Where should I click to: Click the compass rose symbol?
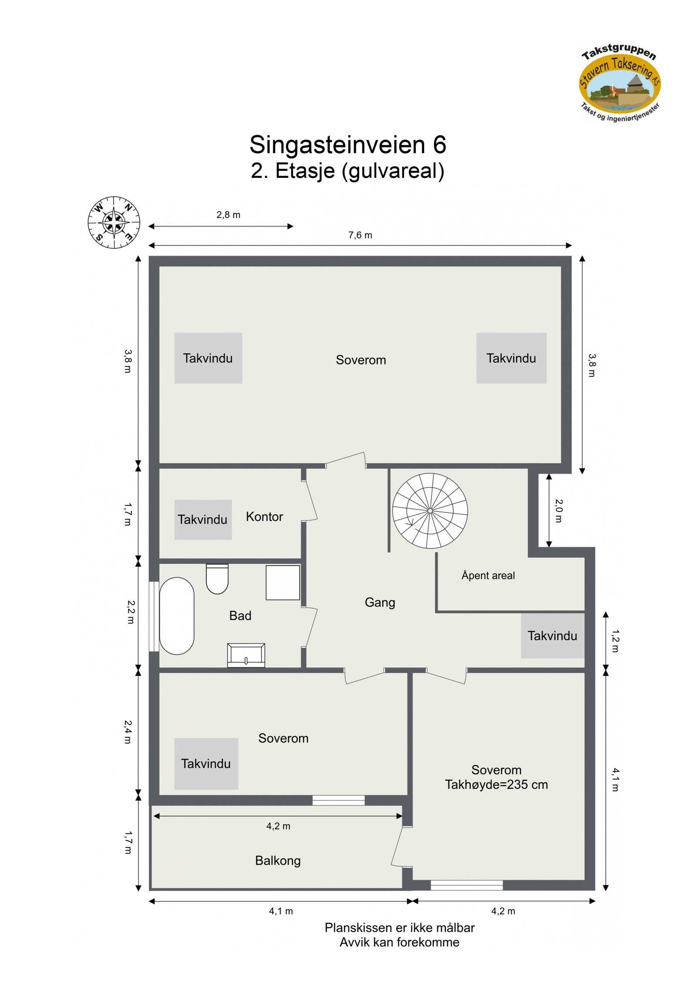click(x=114, y=222)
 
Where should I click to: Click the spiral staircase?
click(x=430, y=510)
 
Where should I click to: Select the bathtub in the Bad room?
click(x=177, y=616)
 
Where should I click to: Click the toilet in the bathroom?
click(x=217, y=579)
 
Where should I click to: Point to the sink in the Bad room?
click(x=246, y=655)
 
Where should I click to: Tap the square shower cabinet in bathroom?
click(x=283, y=583)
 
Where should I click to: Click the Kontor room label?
click(x=264, y=517)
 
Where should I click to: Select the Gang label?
click(x=380, y=602)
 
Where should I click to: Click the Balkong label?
click(x=278, y=861)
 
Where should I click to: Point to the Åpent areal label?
click(x=488, y=576)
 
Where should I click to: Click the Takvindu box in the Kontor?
click(x=203, y=520)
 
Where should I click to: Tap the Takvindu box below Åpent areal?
click(x=552, y=636)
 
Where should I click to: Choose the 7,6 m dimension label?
click(x=360, y=235)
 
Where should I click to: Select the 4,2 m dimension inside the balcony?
click(x=278, y=826)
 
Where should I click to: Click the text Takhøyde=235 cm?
click(x=496, y=784)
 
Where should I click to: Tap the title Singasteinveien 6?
click(x=348, y=144)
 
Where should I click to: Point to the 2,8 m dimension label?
click(x=228, y=215)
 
